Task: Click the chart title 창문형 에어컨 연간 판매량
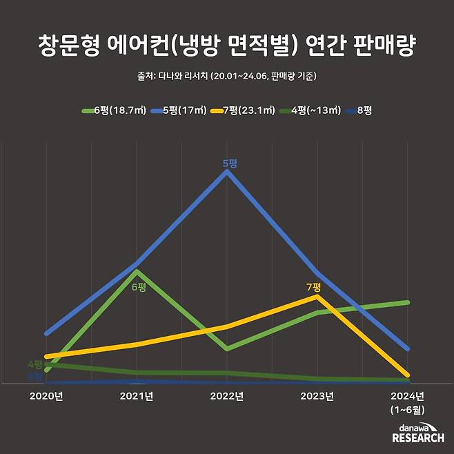tap(227, 47)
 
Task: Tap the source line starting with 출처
tap(227, 76)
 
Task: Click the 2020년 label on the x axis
tap(46, 396)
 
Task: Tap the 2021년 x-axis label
tap(137, 396)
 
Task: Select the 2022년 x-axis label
tap(227, 396)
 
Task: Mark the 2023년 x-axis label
tap(317, 396)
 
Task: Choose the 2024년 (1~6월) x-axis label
tap(408, 402)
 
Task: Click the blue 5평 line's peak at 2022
tap(227, 171)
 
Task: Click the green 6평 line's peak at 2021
tap(137, 271)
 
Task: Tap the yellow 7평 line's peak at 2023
tap(317, 297)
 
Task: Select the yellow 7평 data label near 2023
tap(314, 286)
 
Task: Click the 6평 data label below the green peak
tap(139, 286)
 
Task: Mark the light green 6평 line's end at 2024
tap(408, 302)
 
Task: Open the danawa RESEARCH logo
tap(417, 433)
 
